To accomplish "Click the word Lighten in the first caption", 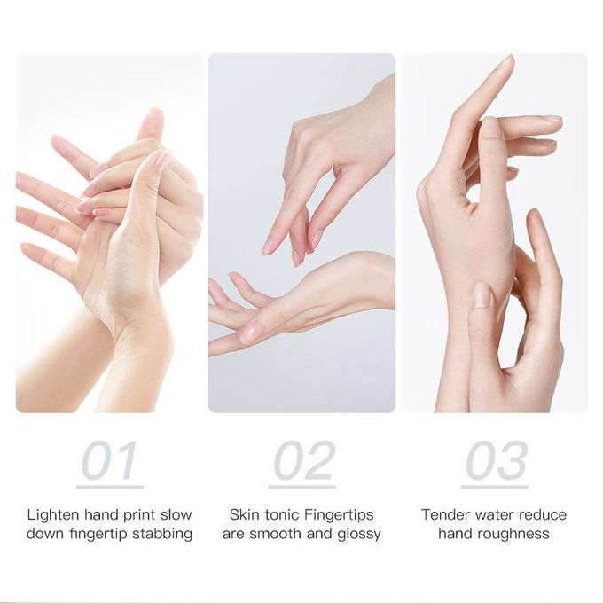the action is [53, 515].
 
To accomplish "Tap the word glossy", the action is [359, 535].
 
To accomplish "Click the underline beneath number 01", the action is [110, 487].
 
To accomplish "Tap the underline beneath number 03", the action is [495, 487].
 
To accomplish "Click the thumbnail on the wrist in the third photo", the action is [482, 295].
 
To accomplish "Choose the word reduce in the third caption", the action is [543, 514].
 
